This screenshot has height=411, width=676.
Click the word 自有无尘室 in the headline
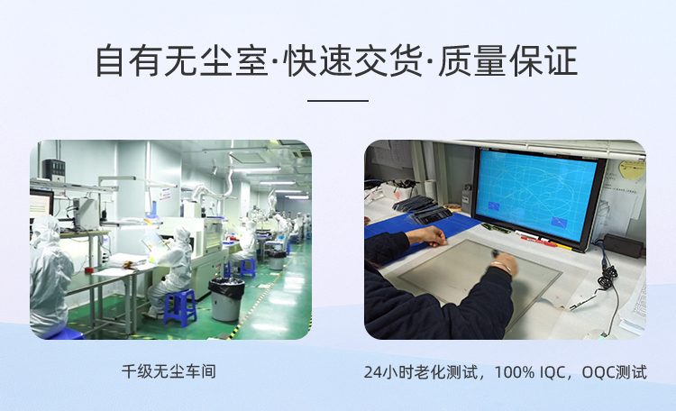[x=181, y=60]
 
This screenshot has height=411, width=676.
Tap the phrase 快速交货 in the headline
[x=352, y=60]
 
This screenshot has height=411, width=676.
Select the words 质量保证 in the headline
[x=507, y=60]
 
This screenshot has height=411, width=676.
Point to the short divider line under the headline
[x=338, y=101]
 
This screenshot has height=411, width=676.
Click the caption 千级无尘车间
[x=169, y=371]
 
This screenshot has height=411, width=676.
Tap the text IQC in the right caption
[x=552, y=371]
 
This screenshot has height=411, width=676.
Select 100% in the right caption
[x=515, y=371]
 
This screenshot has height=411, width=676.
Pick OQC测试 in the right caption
[x=615, y=371]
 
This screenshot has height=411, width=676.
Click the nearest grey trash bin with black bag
[x=226, y=299]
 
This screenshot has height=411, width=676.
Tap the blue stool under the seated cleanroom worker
[x=179, y=306]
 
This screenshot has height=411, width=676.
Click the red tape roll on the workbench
[x=89, y=270]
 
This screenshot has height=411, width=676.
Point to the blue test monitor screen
[x=536, y=196]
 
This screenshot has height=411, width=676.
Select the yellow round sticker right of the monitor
[x=632, y=169]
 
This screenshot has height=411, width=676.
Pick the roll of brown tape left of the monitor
[x=452, y=207]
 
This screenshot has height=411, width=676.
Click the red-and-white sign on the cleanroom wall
[x=164, y=194]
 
